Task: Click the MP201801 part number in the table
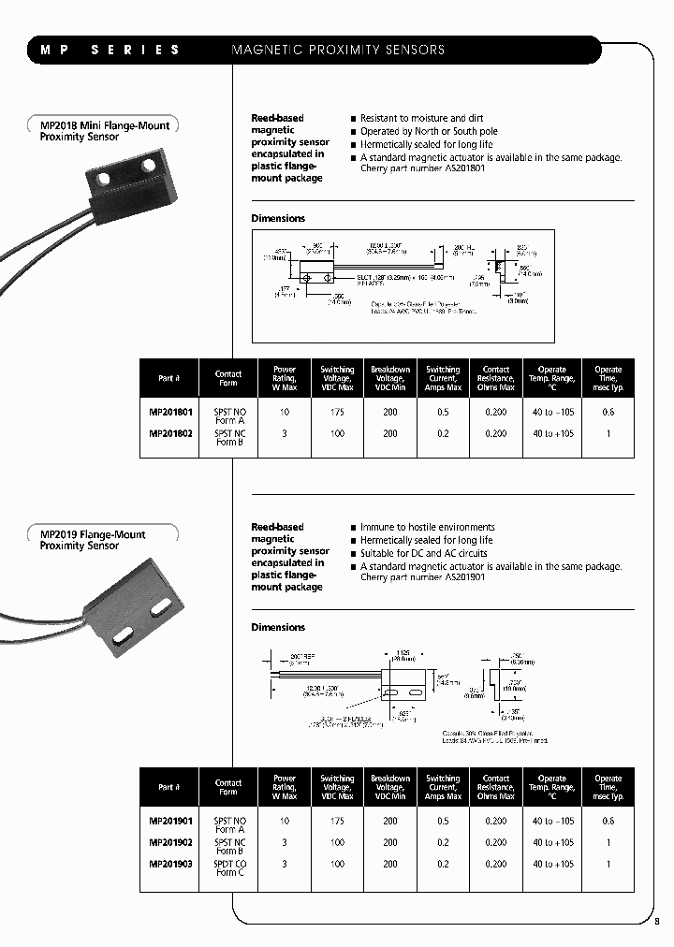(170, 412)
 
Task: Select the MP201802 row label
(170, 433)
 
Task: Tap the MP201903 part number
(170, 865)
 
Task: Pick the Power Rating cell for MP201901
(285, 821)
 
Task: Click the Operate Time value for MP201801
(608, 412)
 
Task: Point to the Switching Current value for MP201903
(443, 865)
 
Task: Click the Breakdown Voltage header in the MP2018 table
(390, 378)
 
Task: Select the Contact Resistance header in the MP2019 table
(496, 787)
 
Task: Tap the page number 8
(657, 921)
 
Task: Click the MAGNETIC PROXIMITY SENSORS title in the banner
(338, 50)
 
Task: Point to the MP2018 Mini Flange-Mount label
(105, 125)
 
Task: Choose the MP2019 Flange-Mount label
(93, 534)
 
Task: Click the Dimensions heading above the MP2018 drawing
(278, 218)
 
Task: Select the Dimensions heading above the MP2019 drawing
(278, 627)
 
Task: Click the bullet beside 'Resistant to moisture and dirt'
(353, 119)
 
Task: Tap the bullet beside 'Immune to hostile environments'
(353, 528)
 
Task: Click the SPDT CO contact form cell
(229, 865)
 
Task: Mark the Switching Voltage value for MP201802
(337, 433)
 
